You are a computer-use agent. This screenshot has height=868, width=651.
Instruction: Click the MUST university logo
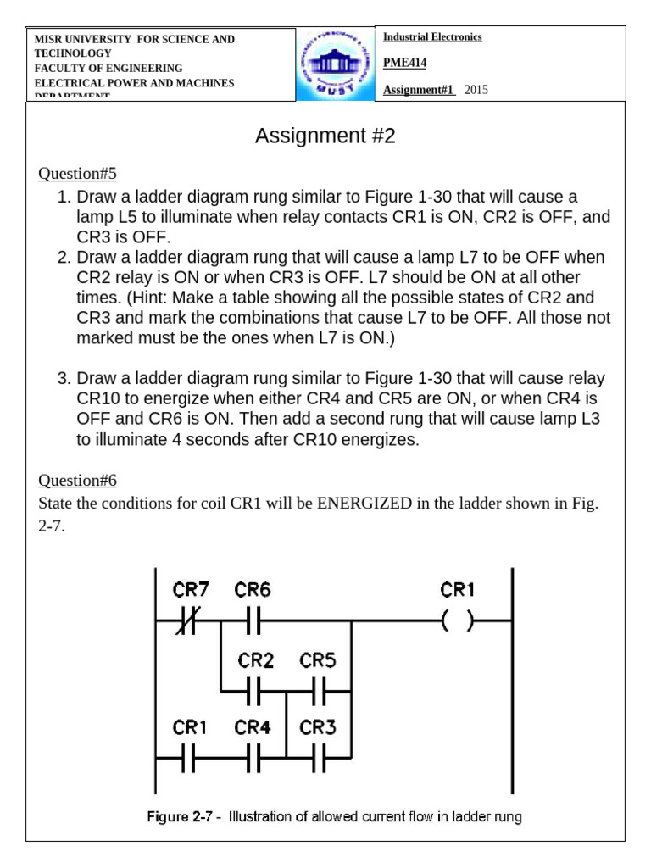[336, 65]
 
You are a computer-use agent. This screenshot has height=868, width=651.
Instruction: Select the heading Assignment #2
[325, 136]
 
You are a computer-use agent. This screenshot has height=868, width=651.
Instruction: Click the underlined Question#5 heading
[77, 174]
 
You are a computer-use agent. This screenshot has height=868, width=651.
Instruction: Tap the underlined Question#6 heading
[77, 481]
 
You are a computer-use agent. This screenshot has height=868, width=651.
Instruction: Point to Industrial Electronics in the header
[432, 37]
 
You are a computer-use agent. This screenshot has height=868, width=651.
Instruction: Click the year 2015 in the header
[476, 91]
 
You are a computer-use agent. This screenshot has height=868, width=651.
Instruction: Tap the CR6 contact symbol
[253, 622]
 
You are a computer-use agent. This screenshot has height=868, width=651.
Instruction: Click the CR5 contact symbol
[319, 692]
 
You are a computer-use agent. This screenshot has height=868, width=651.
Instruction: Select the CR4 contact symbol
[253, 761]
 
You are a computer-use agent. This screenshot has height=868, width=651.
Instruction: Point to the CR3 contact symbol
[319, 761]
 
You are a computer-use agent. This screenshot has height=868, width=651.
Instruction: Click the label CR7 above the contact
[192, 588]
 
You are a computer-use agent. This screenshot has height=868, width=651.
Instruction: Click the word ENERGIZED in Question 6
[364, 504]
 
